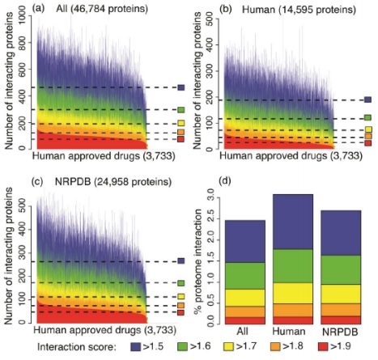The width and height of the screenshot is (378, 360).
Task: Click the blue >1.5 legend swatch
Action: click(x=136, y=347)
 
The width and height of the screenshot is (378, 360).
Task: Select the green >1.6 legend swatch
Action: click(x=182, y=347)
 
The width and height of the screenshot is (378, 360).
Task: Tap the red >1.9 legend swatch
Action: click(x=323, y=347)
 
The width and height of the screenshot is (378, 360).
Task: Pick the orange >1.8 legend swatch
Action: click(x=275, y=347)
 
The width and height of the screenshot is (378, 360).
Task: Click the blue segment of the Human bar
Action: click(x=293, y=222)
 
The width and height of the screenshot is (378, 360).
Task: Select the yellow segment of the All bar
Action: click(x=245, y=298)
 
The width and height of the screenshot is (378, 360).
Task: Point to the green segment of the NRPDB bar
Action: click(x=341, y=269)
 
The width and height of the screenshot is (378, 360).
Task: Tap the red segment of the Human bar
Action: click(x=293, y=320)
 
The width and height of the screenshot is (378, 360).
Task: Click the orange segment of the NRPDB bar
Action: click(x=341, y=310)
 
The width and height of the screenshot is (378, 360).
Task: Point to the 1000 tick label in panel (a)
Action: click(x=23, y=16)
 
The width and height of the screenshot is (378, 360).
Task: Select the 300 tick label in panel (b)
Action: click(x=210, y=71)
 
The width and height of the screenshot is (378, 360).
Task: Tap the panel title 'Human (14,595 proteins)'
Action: click(x=299, y=10)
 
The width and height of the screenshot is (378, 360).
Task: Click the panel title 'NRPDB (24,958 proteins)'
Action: click(x=113, y=182)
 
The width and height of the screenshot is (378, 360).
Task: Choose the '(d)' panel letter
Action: click(x=226, y=181)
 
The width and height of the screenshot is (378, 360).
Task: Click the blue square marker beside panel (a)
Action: click(x=181, y=87)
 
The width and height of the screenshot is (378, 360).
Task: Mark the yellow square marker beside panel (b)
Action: click(x=368, y=129)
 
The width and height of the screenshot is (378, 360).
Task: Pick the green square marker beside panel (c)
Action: click(x=181, y=283)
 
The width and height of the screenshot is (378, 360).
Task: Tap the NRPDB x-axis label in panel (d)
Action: click(x=341, y=332)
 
